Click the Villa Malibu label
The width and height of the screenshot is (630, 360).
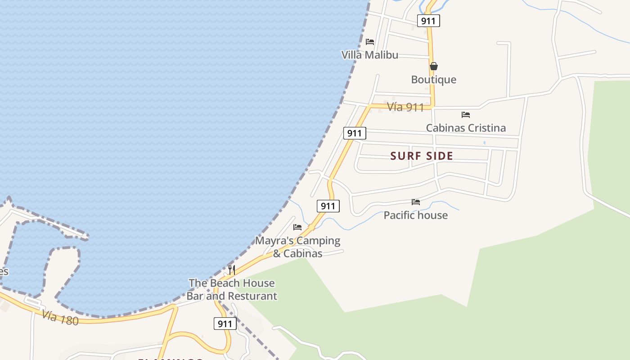[369, 55]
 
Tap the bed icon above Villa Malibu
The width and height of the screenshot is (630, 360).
[370, 42]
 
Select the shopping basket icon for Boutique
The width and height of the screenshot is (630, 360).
[433, 66]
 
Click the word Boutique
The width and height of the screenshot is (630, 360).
[433, 80]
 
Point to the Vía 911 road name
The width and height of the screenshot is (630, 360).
[405, 107]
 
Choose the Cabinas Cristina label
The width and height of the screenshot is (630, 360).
[466, 128]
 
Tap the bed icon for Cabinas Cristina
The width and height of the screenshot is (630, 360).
[466, 115]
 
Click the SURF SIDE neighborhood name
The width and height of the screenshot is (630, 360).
[422, 156]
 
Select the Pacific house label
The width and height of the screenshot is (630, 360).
[415, 215]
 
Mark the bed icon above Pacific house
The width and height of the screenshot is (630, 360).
[416, 202]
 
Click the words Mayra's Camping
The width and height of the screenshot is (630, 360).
[298, 240]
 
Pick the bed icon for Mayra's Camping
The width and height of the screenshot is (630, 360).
[297, 227]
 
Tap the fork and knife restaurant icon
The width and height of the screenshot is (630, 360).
[232, 270]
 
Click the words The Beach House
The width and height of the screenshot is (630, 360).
[232, 283]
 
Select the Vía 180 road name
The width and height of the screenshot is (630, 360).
[60, 318]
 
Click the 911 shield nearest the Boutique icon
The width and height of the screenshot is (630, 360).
[428, 21]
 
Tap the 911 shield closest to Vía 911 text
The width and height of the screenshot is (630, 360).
[355, 133]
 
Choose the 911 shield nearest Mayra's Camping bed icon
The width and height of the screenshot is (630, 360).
[328, 206]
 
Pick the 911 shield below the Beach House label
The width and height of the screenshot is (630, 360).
[225, 324]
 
